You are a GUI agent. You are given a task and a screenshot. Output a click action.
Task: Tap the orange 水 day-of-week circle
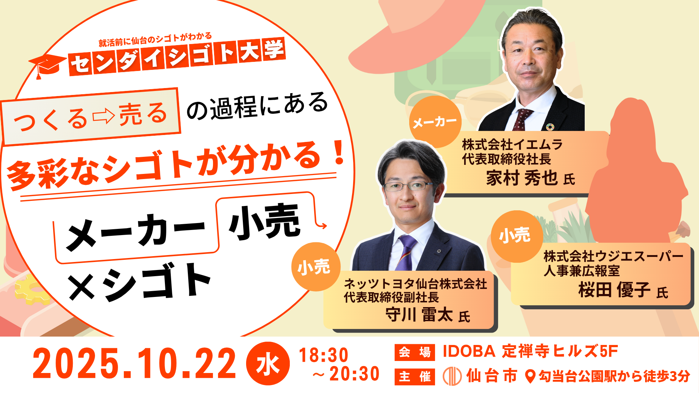[268, 364]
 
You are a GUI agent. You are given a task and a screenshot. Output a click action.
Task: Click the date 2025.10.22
[135, 364]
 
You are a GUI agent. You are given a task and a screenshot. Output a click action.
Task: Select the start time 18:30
[324, 355]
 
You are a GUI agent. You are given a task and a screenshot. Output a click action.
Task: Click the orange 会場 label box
[415, 352]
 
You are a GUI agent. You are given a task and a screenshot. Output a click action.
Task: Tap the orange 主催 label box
[415, 377]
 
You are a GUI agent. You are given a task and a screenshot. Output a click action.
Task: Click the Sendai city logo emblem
[452, 376]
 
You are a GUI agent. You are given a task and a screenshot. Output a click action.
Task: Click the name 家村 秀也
[522, 178]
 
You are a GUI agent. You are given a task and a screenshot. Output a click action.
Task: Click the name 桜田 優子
[615, 290]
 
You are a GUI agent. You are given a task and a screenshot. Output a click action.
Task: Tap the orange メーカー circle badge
[435, 122]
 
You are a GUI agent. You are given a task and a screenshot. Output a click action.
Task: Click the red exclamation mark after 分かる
[339, 152]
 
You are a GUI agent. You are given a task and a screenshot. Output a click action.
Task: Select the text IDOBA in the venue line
[469, 352]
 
